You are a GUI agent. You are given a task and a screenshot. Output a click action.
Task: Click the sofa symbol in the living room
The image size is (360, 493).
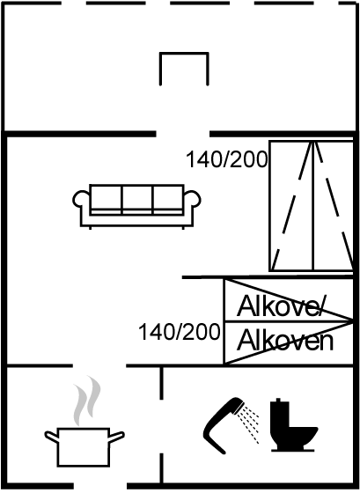tap(136, 206)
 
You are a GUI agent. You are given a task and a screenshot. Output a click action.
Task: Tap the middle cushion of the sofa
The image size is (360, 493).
tap(136, 200)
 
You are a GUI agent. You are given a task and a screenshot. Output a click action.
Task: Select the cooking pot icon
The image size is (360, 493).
tap(84, 447)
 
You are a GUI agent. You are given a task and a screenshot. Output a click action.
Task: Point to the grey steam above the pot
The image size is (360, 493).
tap(87, 401)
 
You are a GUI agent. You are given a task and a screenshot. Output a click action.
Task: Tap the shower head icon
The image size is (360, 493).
tap(224, 424)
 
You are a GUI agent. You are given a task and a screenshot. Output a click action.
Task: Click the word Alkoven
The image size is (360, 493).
tap(285, 342)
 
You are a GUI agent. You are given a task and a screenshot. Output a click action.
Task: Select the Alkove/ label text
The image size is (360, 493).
tap(280, 306)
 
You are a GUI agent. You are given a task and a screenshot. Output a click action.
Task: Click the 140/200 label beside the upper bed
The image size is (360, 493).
tap(226, 159)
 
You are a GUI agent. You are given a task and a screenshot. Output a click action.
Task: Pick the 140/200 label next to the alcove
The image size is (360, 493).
tap(180, 332)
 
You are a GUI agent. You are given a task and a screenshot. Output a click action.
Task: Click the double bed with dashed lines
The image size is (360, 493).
tap(312, 206)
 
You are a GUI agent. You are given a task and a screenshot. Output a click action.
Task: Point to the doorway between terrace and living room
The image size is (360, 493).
tap(183, 134)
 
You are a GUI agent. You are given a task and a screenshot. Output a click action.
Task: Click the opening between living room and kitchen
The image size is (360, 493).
tap(99, 365)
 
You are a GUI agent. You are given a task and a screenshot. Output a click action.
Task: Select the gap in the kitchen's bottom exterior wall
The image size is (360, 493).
tap(100, 486)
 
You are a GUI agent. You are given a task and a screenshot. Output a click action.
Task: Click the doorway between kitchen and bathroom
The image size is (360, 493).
tap(162, 426)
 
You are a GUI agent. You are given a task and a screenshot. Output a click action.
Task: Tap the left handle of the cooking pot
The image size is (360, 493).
tap(51, 437)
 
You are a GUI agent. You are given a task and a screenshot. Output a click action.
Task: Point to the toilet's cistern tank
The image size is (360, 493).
tap(279, 412)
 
